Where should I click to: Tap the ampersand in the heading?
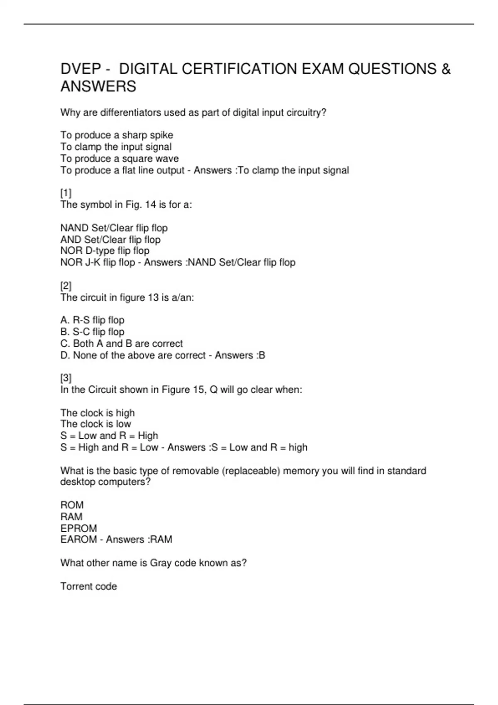click(446, 69)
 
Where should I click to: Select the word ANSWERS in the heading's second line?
click(98, 87)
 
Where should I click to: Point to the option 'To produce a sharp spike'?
click(117, 135)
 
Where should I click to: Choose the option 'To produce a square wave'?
click(120, 158)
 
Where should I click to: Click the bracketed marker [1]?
click(66, 193)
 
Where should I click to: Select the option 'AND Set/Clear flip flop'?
click(110, 240)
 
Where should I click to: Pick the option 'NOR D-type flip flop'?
click(105, 251)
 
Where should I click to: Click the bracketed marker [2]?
click(66, 286)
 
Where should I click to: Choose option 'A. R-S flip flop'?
click(92, 320)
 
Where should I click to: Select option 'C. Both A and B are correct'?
click(121, 343)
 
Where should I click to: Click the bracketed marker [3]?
click(66, 378)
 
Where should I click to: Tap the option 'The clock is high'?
click(98, 413)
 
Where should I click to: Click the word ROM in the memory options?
click(72, 505)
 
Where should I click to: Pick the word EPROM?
click(78, 528)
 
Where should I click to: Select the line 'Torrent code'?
click(88, 586)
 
